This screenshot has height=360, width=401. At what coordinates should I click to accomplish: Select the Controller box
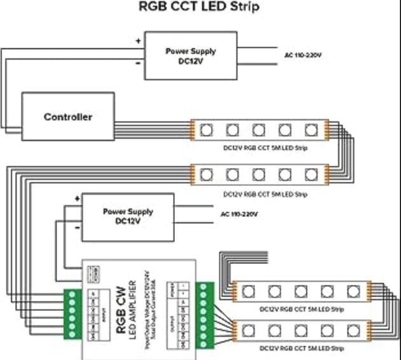pyautogui.click(x=68, y=117)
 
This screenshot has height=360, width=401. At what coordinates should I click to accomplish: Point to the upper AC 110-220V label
pyautogui.click(x=302, y=55)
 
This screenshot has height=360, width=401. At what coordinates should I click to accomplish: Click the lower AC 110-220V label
pyautogui.click(x=239, y=214)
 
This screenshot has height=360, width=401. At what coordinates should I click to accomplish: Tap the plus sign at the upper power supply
pyautogui.click(x=138, y=40)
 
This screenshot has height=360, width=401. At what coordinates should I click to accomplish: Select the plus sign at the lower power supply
pyautogui.click(x=77, y=198)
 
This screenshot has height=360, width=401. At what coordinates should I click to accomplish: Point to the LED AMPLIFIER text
pyautogui.click(x=134, y=304)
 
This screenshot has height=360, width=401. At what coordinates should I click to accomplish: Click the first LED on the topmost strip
pyautogui.click(x=207, y=129)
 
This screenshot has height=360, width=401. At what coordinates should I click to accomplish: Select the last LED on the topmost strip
pyautogui.click(x=310, y=129)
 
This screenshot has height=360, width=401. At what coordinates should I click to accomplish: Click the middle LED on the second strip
pyautogui.click(x=259, y=173)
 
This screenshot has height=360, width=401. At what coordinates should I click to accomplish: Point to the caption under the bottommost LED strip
pyautogui.click(x=301, y=349)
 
